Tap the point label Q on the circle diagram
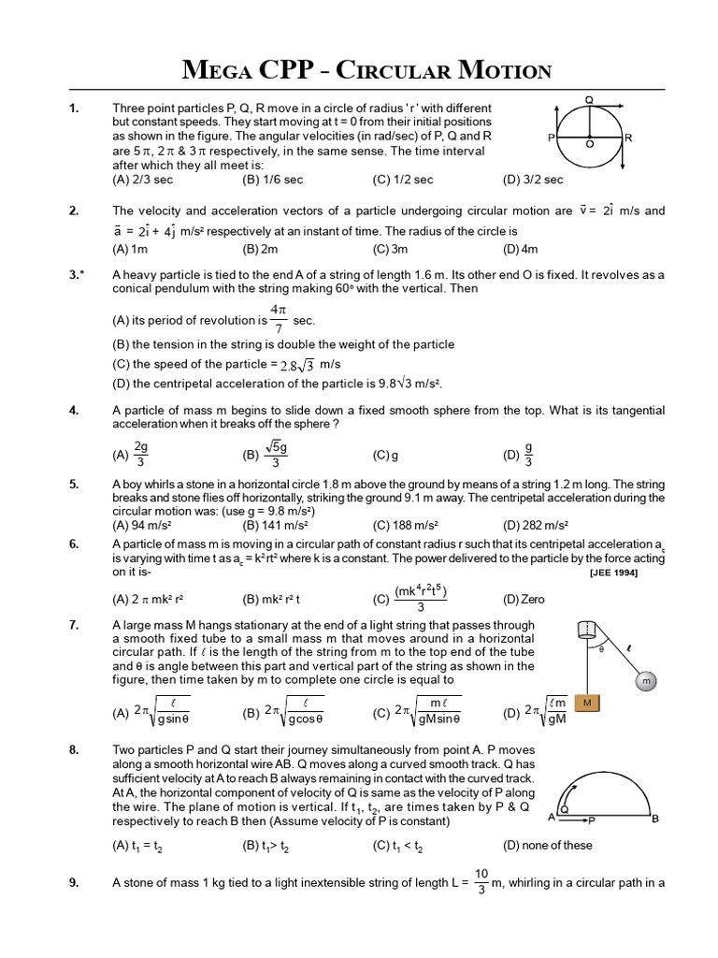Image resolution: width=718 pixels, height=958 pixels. tap(589, 98)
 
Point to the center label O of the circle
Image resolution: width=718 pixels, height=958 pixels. tap(590, 145)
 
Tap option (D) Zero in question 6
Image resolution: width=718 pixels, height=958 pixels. tap(524, 599)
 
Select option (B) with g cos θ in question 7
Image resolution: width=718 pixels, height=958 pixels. tap(282, 713)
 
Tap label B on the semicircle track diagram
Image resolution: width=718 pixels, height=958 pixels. tap(654, 818)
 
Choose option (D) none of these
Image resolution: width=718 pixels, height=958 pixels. tap(547, 845)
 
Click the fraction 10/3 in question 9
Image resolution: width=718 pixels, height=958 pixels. tap(481, 880)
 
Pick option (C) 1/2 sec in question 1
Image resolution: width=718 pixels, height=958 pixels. tap(403, 180)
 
